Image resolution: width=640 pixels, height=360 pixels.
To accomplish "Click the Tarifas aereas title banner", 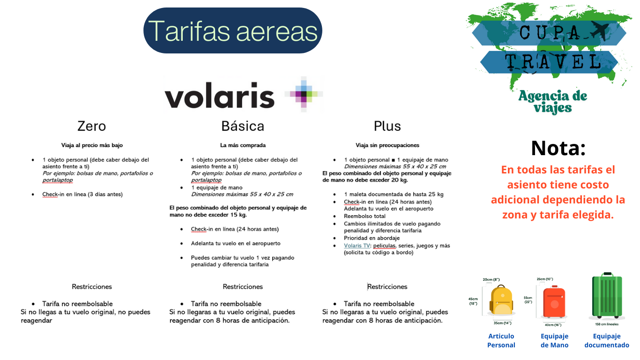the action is [232, 30].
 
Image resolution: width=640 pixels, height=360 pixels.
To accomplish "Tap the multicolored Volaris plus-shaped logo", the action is [304, 94].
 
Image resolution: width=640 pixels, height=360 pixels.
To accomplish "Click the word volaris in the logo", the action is [219, 95].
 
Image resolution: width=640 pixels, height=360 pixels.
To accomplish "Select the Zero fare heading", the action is [91, 126].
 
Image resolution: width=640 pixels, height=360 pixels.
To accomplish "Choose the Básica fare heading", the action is [243, 126].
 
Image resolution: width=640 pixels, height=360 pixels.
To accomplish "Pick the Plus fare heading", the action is [387, 126].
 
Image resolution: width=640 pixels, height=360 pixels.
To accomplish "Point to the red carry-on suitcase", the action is [554, 302].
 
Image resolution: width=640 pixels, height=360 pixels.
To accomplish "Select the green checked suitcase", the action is [607, 296].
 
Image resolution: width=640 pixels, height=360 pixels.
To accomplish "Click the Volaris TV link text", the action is [357, 246].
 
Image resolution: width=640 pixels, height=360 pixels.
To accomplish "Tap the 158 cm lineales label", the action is [607, 324].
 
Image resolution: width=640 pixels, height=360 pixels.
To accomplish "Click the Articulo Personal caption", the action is [501, 341].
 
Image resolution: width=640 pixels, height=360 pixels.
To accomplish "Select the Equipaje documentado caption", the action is [607, 341].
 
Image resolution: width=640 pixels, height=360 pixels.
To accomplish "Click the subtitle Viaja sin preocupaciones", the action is [387, 145].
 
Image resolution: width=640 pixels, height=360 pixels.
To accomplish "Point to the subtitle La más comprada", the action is [243, 145].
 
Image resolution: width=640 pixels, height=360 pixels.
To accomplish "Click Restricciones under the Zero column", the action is [92, 286].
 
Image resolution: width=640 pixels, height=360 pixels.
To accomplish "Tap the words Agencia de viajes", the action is [552, 102].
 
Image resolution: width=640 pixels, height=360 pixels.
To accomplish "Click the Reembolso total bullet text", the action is [365, 216].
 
